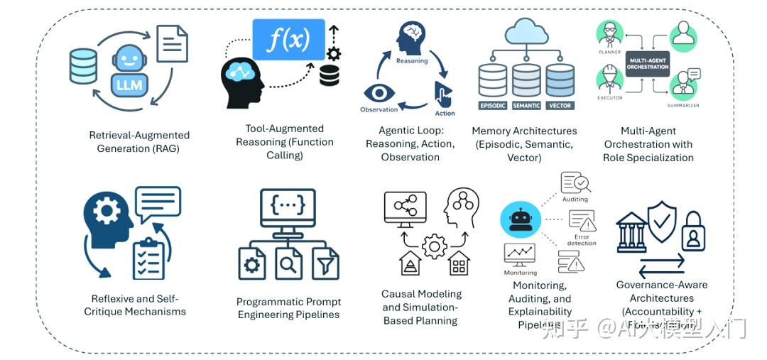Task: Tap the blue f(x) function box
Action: (288, 40)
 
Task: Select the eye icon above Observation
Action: (379, 93)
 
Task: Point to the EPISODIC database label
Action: (493, 105)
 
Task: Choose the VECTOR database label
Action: (560, 105)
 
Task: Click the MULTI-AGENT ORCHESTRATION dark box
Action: (647, 63)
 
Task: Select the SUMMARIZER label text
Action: (683, 106)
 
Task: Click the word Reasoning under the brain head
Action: (412, 61)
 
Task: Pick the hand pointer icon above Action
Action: (444, 94)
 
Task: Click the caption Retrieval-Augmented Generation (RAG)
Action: (139, 141)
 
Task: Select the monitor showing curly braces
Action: (288, 207)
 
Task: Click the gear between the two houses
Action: (434, 246)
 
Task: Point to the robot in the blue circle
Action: (521, 219)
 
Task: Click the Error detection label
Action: (581, 239)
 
